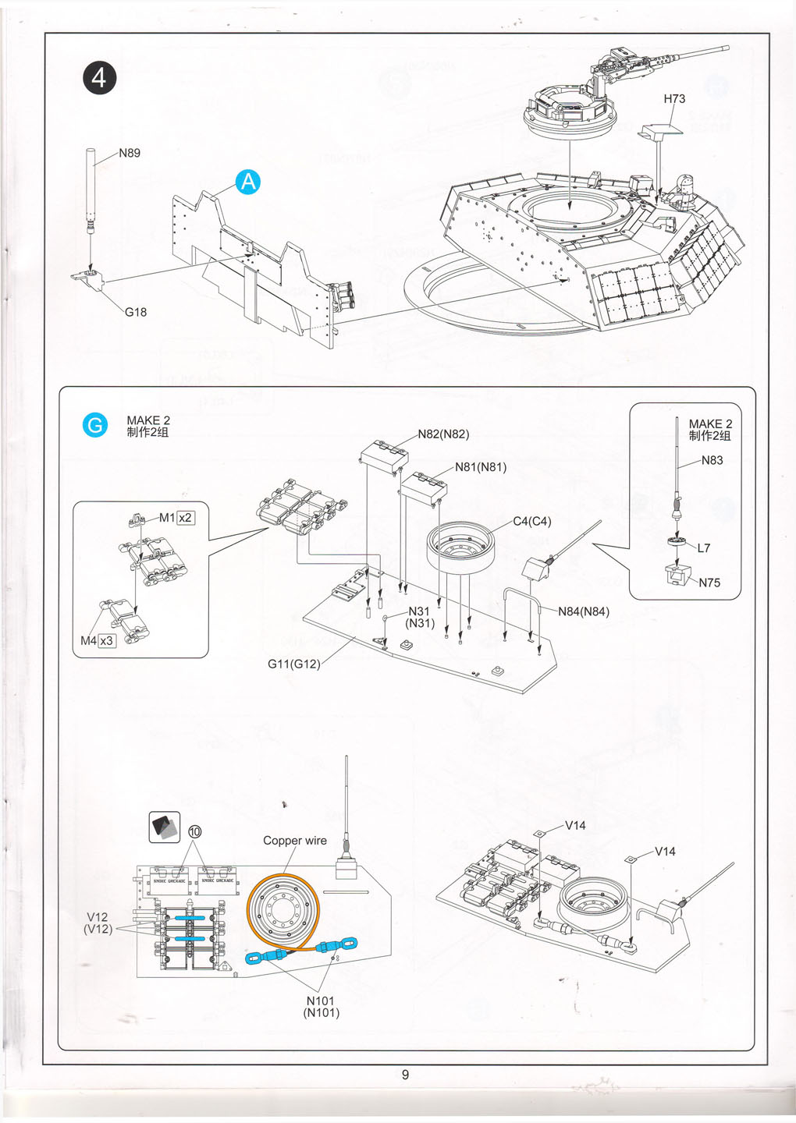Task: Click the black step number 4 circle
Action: pyautogui.click(x=99, y=78)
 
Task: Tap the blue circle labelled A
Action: pyautogui.click(x=247, y=182)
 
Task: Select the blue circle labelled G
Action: pyautogui.click(x=95, y=425)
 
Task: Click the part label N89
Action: pyautogui.click(x=130, y=153)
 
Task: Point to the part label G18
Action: pyautogui.click(x=136, y=312)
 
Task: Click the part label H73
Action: pyautogui.click(x=674, y=99)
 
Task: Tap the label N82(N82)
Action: pyautogui.click(x=443, y=434)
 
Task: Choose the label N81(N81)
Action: pyautogui.click(x=481, y=467)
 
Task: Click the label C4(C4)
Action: pyautogui.click(x=532, y=522)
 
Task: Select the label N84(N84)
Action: pyautogui.click(x=584, y=611)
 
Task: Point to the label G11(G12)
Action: pyautogui.click(x=294, y=664)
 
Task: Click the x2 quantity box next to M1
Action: pyautogui.click(x=186, y=518)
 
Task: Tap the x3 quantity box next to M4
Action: pyautogui.click(x=107, y=641)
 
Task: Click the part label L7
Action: pyautogui.click(x=704, y=548)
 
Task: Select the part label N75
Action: pyautogui.click(x=709, y=583)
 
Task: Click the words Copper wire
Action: pyautogui.click(x=295, y=841)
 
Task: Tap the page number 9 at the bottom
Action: pyautogui.click(x=405, y=1075)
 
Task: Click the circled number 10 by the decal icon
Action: pyautogui.click(x=195, y=831)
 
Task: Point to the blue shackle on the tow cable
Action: pyautogui.click(x=258, y=958)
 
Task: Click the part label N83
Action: pyautogui.click(x=712, y=460)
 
